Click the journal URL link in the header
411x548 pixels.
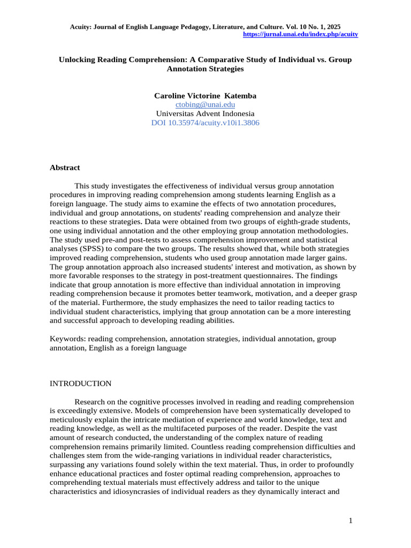pyautogui.click(x=300, y=34)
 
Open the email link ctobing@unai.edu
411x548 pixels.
pyautogui.click(x=205, y=105)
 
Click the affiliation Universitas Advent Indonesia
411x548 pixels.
pyautogui.click(x=205, y=114)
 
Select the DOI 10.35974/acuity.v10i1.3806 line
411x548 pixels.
pyautogui.click(x=205, y=123)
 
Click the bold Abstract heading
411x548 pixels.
pyautogui.click(x=65, y=168)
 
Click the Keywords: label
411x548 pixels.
pyautogui.click(x=67, y=339)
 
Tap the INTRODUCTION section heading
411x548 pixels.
pyautogui.click(x=80, y=384)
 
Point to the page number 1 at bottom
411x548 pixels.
pyautogui.click(x=350, y=520)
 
